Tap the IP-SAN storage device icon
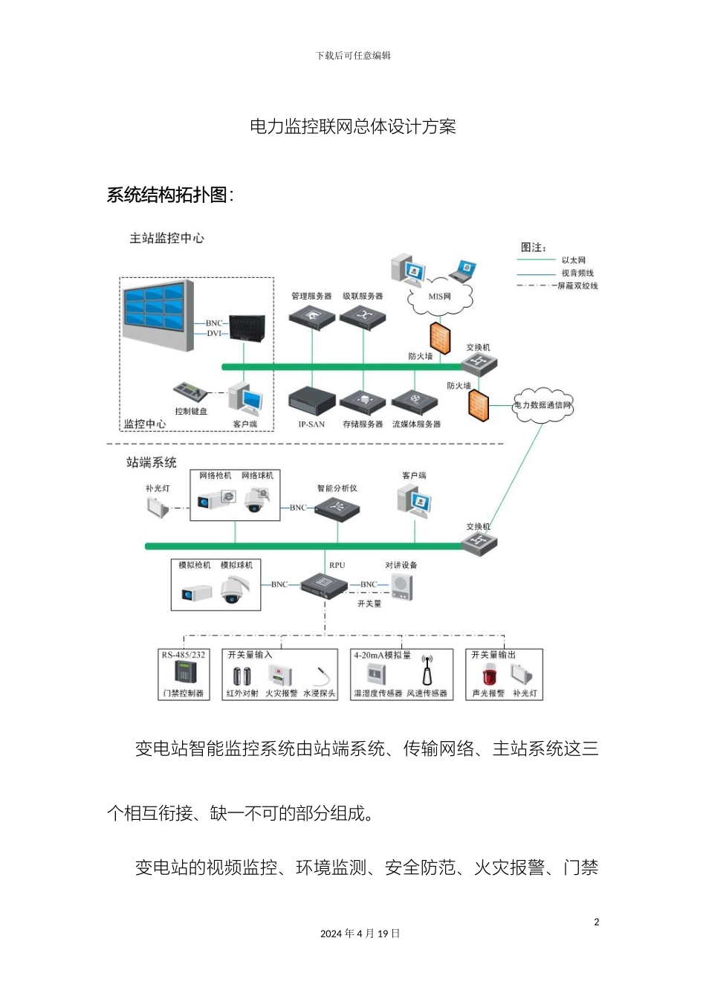pos(311,402)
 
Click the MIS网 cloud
pos(440,297)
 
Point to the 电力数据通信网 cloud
pos(543,405)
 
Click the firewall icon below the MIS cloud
pos(440,337)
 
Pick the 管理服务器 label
pos(311,296)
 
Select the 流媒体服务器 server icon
pos(415,402)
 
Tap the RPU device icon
pos(324,586)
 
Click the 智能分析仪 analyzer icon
pos(337,509)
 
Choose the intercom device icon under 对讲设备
pos(402,587)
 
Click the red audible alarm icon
pos(488,676)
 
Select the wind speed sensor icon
pos(427,670)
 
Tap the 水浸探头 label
pos(319,694)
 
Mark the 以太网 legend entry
pos(573,260)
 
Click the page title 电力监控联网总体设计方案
pos(353,126)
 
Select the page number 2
pos(596,922)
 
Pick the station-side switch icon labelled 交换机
pos(479,543)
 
